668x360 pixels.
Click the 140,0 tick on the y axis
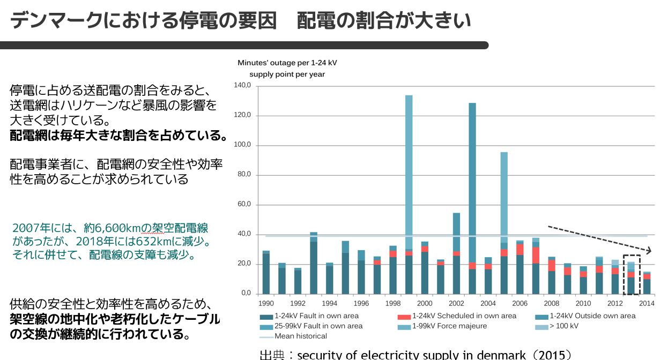242,86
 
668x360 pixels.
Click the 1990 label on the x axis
266,303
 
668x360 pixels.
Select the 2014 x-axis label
647,303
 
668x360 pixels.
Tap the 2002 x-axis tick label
456,303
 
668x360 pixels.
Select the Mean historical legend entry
300,336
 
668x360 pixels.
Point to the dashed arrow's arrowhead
650,251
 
